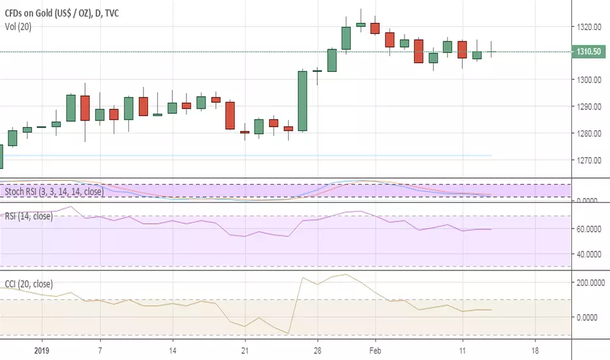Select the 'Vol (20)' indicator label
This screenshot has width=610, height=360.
click(x=18, y=27)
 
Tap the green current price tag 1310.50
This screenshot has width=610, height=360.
click(x=588, y=51)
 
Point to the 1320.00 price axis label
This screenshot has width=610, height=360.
click(x=589, y=27)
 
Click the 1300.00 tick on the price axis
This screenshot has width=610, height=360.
click(x=589, y=80)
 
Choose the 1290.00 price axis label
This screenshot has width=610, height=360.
click(x=589, y=107)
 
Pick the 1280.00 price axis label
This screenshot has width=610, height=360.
click(x=589, y=134)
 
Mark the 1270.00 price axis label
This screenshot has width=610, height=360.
click(x=589, y=160)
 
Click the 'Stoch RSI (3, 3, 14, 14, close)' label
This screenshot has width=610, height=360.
click(x=54, y=192)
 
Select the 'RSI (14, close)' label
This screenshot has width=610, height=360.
click(x=29, y=216)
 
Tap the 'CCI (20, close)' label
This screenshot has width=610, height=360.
click(x=29, y=284)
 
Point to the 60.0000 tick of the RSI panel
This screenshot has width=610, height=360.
click(x=588, y=229)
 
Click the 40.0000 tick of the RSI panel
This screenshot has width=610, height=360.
click(x=588, y=254)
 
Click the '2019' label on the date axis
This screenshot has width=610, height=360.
click(x=42, y=351)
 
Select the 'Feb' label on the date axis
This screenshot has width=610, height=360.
click(x=376, y=351)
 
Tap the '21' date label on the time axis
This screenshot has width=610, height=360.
click(x=245, y=351)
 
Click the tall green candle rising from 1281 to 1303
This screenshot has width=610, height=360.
click(x=302, y=101)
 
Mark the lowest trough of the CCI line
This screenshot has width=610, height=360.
click(x=288, y=334)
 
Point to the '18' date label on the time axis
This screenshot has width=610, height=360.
click(x=535, y=351)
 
